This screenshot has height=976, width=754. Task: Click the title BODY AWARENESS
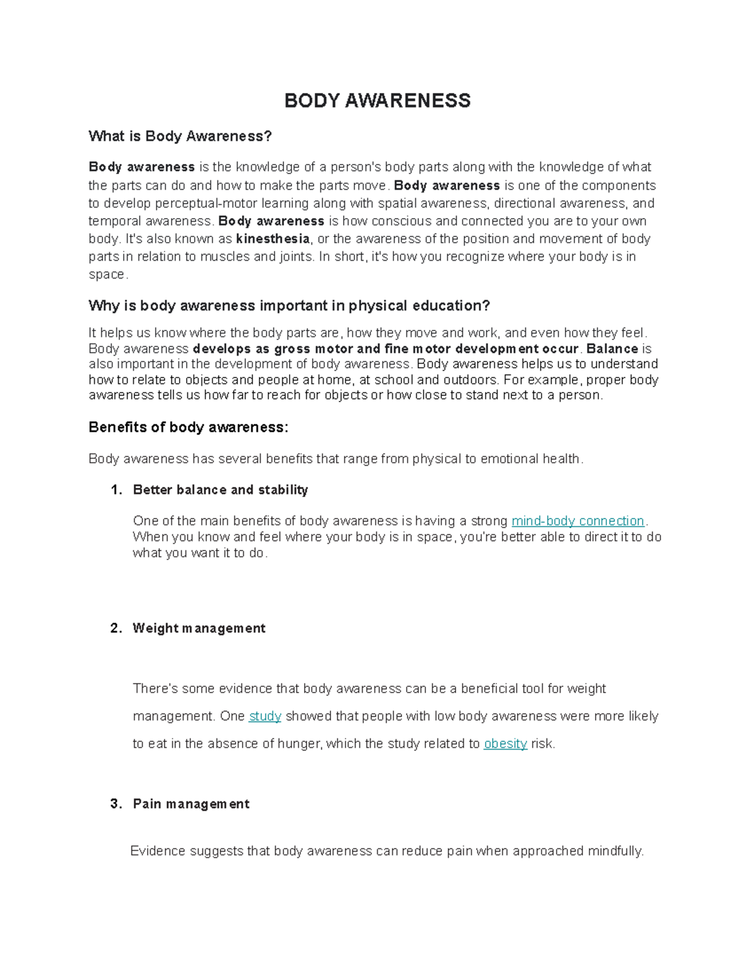coord(377,101)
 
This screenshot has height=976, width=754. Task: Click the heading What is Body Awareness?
coord(180,136)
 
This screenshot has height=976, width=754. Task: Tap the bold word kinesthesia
coord(273,239)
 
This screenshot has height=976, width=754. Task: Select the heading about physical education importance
coord(288,306)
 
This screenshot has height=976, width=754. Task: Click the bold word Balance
coord(612,349)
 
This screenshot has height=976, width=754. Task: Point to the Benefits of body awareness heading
coord(188,427)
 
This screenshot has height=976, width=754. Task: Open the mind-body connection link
coord(578,521)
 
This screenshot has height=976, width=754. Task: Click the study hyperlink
coord(265,716)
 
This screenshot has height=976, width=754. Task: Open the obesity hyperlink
coord(505,744)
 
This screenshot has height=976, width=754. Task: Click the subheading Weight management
coord(199,628)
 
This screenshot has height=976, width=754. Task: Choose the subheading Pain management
coord(191,804)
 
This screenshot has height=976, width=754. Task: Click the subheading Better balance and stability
coord(220,490)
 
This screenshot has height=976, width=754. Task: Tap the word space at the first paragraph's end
coord(107,275)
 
